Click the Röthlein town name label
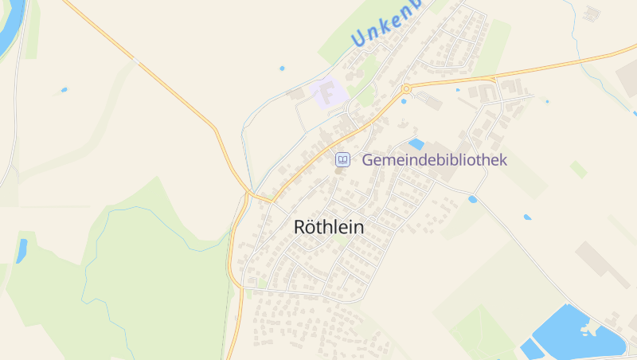[x=329, y=227]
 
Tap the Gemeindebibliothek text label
[x=434, y=160]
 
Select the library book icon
[x=342, y=160]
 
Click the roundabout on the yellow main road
[x=406, y=88]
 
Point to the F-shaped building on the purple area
[x=326, y=93]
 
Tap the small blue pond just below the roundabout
[x=404, y=101]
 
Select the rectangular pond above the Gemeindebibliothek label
[x=416, y=144]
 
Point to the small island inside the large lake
[x=588, y=328]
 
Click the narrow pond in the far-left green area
[x=21, y=250]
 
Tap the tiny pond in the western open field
[x=64, y=90]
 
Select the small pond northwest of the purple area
[x=282, y=68]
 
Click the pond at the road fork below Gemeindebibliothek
[x=472, y=199]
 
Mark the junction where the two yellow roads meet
[x=250, y=194]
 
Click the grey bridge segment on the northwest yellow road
[x=138, y=62]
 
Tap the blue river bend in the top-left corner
[x=12, y=32]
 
